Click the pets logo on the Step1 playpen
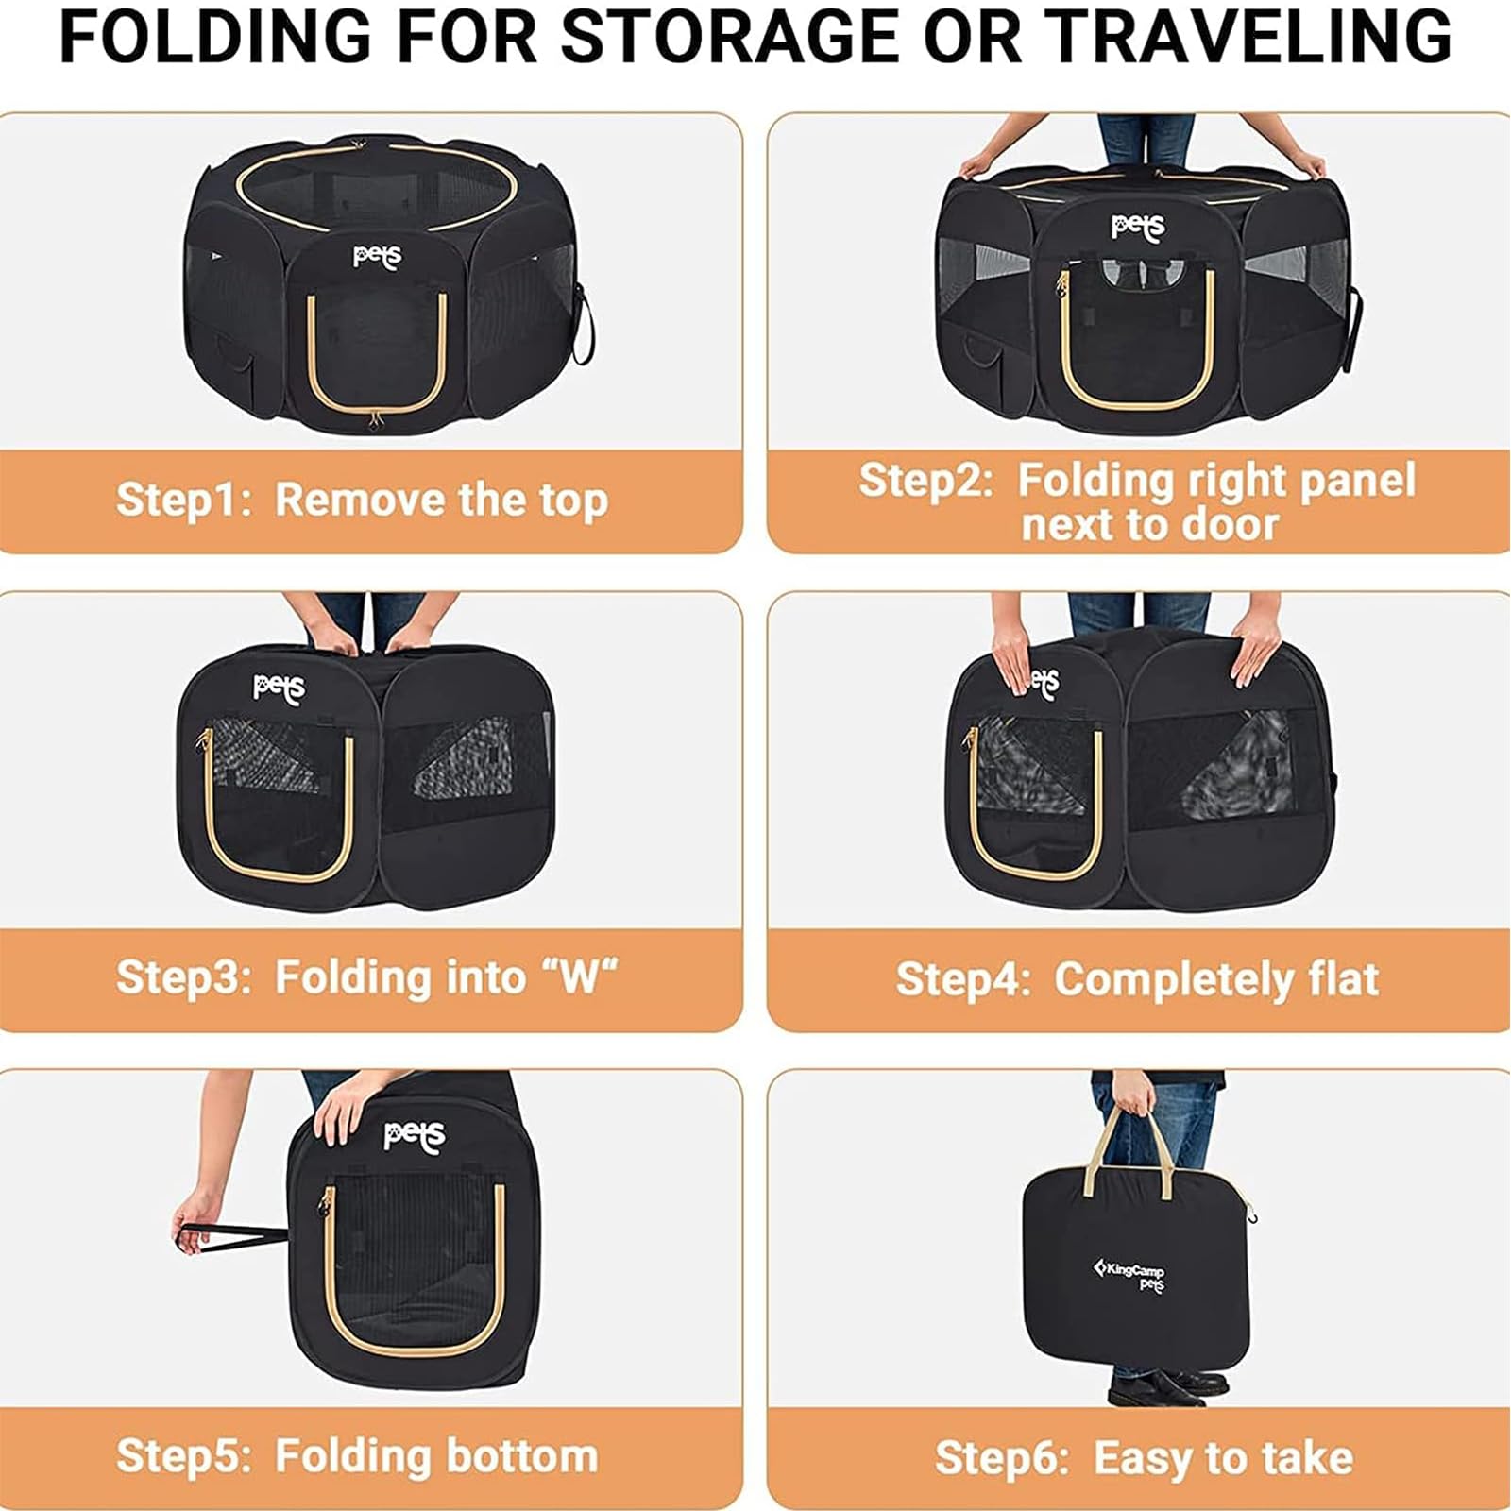[x=377, y=256]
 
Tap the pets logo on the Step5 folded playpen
[x=415, y=1136]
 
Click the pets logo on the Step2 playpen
[x=1138, y=226]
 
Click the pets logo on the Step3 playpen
[x=279, y=687]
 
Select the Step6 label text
[x=1001, y=1458]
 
